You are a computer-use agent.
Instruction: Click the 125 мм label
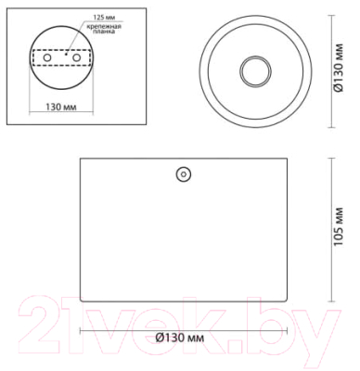pos(102,18)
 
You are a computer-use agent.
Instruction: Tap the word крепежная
pos(104,26)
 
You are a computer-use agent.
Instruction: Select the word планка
pos(104,32)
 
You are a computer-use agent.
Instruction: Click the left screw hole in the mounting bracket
pos(47,58)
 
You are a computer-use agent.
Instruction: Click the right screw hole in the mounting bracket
pos(76,58)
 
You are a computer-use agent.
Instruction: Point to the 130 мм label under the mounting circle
pos(61,107)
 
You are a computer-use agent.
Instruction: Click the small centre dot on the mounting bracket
pos(66,55)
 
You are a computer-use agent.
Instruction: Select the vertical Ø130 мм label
pos(339,69)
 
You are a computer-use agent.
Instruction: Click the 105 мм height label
pos(339,226)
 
